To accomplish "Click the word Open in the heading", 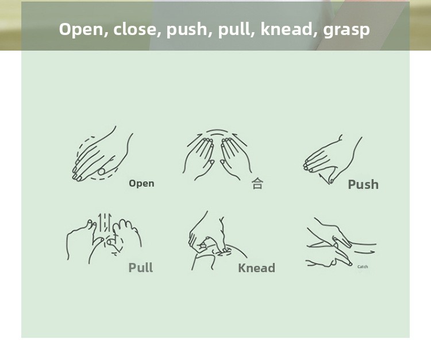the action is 82,30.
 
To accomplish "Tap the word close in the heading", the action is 134,29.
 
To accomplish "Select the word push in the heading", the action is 186,30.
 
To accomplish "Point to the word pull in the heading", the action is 235,30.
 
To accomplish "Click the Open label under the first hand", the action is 141,184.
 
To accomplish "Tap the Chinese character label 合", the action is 257,183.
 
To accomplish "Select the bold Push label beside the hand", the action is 363,184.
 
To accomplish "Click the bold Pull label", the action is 140,267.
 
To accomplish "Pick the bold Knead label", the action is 256,268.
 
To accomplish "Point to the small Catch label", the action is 363,266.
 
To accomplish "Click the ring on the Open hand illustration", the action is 101,172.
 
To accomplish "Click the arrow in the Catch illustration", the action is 364,252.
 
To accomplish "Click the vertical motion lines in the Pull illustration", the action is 105,222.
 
